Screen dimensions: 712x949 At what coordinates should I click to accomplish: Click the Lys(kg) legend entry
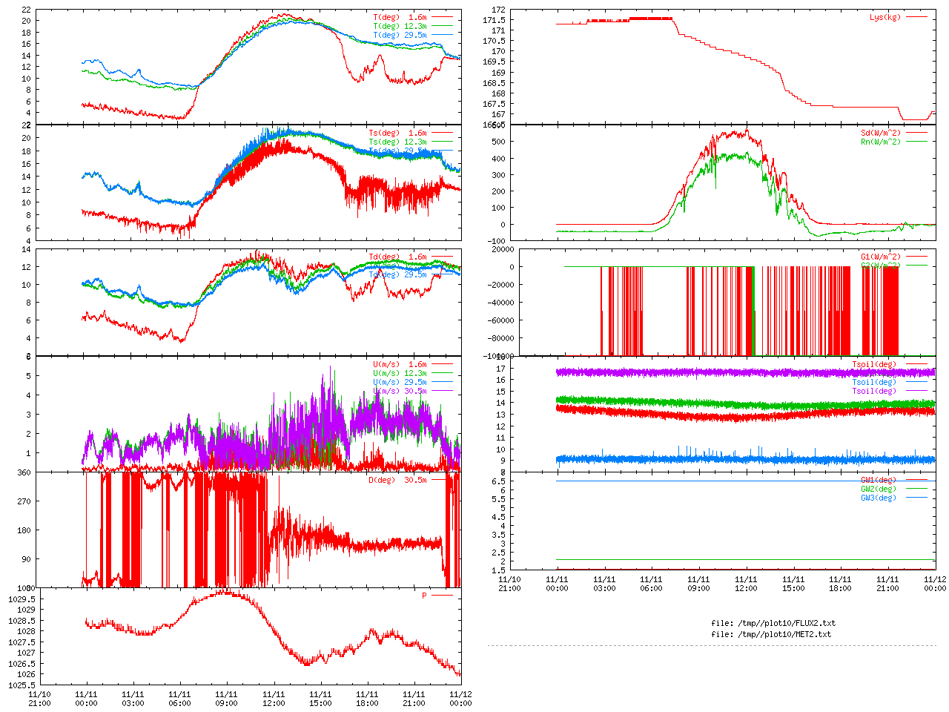pos(884,17)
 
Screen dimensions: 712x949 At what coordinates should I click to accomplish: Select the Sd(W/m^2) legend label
pos(880,133)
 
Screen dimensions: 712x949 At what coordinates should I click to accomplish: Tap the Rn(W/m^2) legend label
pos(880,142)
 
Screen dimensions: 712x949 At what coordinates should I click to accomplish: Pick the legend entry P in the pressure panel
pos(425,596)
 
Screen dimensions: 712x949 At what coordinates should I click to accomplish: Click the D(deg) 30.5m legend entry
pos(397,480)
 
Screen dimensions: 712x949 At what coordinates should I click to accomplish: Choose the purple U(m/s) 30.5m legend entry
pos(400,391)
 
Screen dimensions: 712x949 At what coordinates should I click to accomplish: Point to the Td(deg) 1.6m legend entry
pos(397,257)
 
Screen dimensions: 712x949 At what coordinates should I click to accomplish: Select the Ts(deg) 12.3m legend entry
pos(397,142)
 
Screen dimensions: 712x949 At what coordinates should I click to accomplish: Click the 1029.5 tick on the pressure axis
pos(22,599)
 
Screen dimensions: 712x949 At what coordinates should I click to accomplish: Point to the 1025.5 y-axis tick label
pos(22,685)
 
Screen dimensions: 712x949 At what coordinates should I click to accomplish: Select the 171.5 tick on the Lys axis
pos(494,20)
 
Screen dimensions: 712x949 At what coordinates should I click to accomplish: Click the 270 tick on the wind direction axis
pos(24,501)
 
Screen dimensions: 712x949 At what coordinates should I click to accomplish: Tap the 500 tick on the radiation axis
pos(498,142)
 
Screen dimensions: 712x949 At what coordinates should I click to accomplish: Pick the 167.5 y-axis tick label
pos(494,104)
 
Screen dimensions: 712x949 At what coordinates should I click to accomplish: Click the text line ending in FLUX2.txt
pos(773,623)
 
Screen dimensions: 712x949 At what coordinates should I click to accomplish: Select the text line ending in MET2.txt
pos(770,634)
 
